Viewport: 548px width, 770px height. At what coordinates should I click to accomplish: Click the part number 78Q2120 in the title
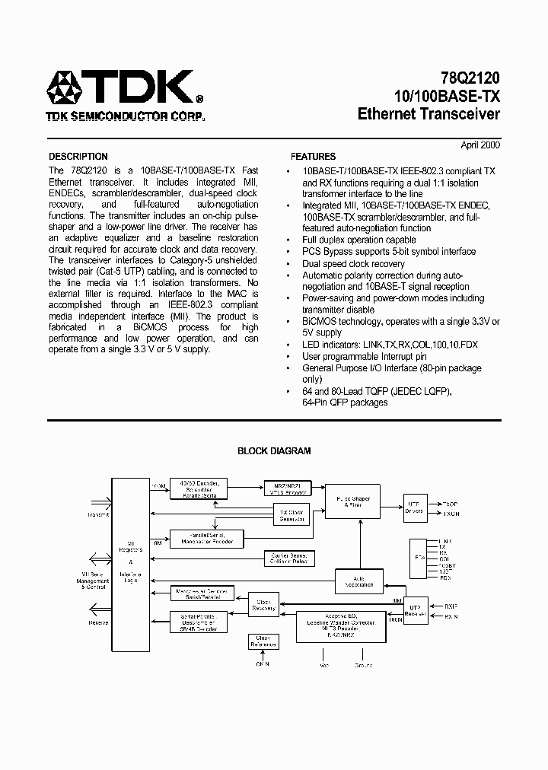[x=470, y=78]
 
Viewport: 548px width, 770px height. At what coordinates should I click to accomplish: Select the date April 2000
[x=480, y=145]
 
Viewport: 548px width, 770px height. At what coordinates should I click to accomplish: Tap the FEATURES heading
[x=313, y=157]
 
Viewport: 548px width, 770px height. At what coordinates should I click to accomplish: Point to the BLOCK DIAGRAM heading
[x=274, y=451]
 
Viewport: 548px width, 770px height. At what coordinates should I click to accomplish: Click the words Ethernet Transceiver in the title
[x=429, y=114]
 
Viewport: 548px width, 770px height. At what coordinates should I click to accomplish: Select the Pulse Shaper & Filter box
[x=352, y=502]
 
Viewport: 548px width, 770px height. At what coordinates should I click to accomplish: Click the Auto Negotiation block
[x=359, y=581]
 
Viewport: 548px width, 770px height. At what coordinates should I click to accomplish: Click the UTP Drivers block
[x=413, y=507]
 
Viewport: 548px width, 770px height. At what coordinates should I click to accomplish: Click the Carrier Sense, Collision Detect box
[x=288, y=558]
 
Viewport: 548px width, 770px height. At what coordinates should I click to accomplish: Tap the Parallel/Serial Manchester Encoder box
[x=206, y=539]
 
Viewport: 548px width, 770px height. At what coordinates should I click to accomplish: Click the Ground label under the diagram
[x=363, y=665]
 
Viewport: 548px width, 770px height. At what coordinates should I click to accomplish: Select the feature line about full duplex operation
[x=359, y=240]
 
